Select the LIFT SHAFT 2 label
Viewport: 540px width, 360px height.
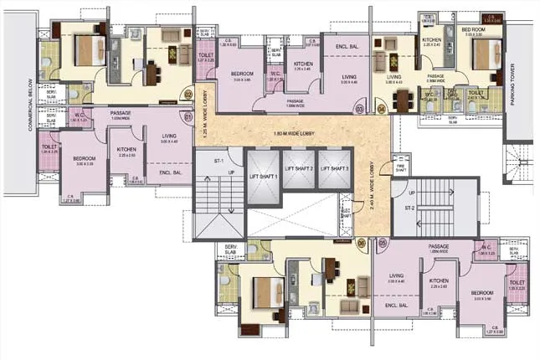[x=299, y=169]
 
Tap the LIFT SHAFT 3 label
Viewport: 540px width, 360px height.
[x=335, y=169]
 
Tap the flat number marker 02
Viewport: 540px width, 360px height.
[x=188, y=95]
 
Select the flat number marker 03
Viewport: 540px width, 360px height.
[x=360, y=109]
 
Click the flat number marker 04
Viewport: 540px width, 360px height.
[x=383, y=109]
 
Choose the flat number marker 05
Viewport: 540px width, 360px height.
[x=383, y=244]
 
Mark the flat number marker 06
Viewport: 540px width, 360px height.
[x=361, y=244]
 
